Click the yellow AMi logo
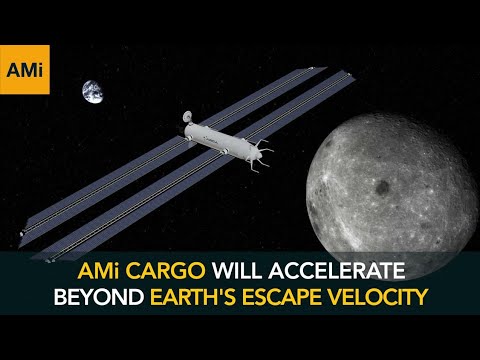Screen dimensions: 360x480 (x=25, y=69)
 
